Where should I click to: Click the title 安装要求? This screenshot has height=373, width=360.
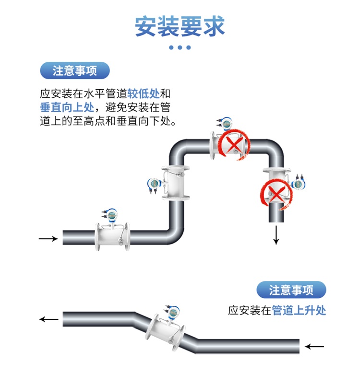tap(180, 26)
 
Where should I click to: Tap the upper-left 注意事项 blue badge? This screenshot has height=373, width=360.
tap(75, 70)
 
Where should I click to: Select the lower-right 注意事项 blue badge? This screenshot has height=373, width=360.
tap(291, 290)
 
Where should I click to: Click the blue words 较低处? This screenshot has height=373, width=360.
tap(144, 93)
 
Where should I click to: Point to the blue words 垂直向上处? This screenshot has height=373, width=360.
tap(67, 107)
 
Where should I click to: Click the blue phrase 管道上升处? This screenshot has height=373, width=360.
tap(299, 311)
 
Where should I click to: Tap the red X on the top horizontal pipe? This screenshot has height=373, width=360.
tap(235, 144)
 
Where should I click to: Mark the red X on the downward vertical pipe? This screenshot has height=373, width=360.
tap(276, 194)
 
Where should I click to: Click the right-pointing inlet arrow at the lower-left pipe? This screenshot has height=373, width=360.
tap(48, 238)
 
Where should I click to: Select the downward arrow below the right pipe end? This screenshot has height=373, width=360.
tap(276, 235)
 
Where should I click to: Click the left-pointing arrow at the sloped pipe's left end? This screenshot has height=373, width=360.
tap(49, 319)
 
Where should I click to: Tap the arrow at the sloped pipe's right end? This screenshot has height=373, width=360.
tap(314, 347)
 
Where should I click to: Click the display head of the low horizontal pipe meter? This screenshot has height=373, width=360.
tap(111, 215)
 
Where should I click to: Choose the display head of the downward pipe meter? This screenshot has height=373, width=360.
tap(298, 184)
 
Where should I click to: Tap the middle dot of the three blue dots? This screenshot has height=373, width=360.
tap(180, 47)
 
